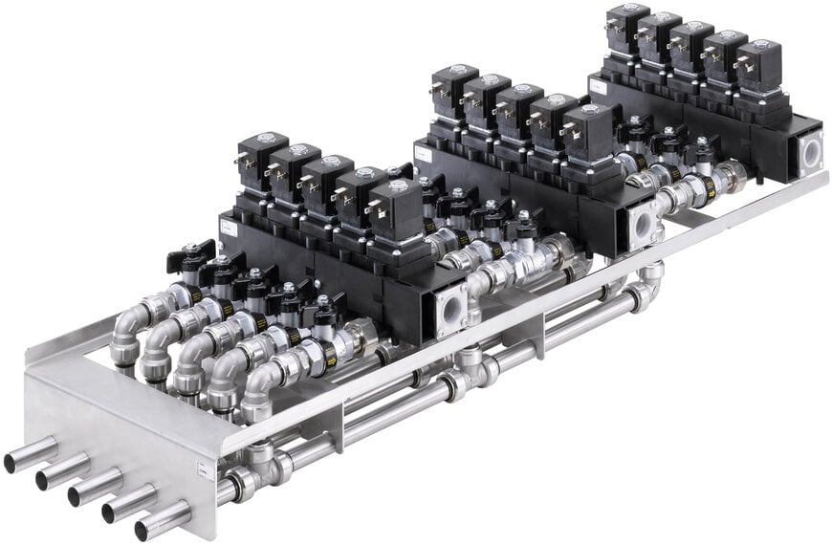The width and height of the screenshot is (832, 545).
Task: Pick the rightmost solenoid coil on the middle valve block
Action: (585, 131)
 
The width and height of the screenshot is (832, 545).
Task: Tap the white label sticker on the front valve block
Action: (228, 227)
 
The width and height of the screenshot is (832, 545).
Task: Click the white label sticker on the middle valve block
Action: (422, 150)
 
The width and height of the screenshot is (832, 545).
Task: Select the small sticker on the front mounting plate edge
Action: (203, 469)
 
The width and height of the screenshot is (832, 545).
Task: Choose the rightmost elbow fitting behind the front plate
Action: (258, 392)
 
